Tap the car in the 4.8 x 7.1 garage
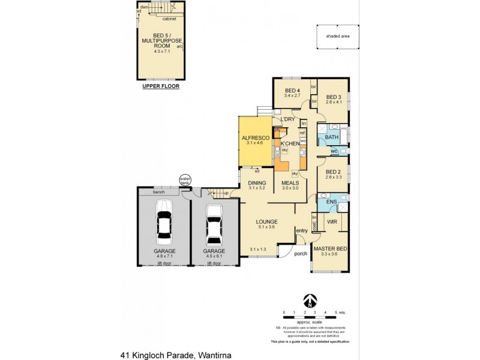[163, 221]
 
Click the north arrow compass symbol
[309, 299]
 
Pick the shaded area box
[337, 36]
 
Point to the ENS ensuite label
[331, 202]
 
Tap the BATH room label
[331, 137]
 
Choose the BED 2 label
[333, 172]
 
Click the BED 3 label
[334, 97]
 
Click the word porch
[301, 253]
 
